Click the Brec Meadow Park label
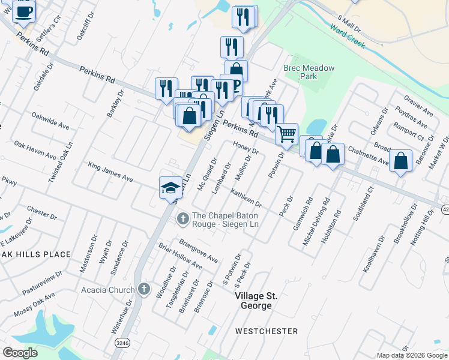309,72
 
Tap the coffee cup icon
23,11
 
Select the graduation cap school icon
170,188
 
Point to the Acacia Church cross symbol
143,290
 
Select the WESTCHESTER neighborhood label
267,331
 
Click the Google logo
20,353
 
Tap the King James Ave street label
110,170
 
